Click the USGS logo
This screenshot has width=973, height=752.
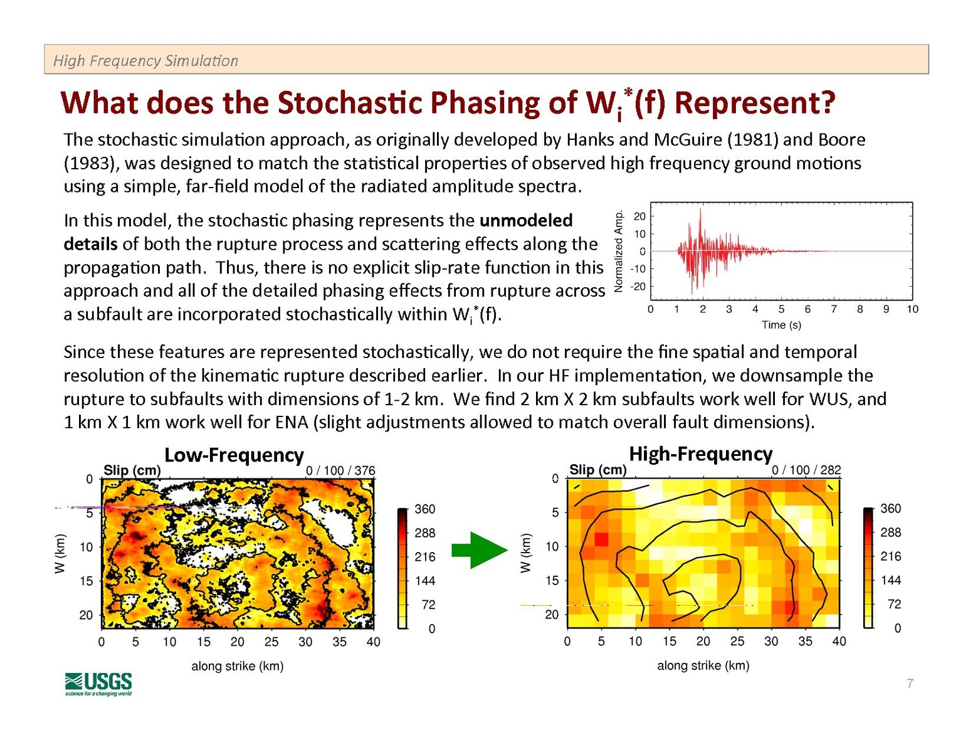pyautogui.click(x=98, y=683)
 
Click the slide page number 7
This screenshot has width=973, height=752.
pyautogui.click(x=910, y=683)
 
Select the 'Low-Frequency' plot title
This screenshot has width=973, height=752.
pyautogui.click(x=234, y=455)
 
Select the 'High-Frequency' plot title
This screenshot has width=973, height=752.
pyautogui.click(x=700, y=453)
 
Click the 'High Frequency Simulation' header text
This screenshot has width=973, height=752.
pyautogui.click(x=145, y=61)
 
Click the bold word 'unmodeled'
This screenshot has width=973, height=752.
pyautogui.click(x=525, y=221)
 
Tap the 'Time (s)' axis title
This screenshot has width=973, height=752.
pyautogui.click(x=781, y=325)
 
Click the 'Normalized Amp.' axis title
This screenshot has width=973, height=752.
pyautogui.click(x=619, y=251)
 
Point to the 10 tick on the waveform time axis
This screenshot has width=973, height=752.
pyautogui.click(x=912, y=309)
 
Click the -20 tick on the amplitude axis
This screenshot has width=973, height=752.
pyautogui.click(x=638, y=287)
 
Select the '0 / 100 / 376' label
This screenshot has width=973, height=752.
pyautogui.click(x=340, y=470)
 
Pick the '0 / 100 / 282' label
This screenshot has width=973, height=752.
pyautogui.click(x=806, y=470)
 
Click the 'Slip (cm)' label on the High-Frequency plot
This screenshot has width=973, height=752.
pyautogui.click(x=597, y=470)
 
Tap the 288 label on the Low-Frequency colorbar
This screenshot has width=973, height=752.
pyautogui.click(x=425, y=533)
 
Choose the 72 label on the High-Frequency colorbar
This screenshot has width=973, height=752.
pyautogui.click(x=893, y=604)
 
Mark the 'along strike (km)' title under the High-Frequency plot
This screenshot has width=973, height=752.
pyautogui.click(x=703, y=665)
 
